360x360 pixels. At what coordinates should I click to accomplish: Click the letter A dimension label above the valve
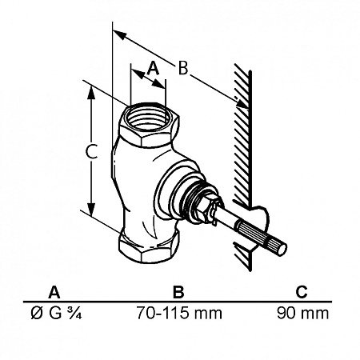[x=153, y=68]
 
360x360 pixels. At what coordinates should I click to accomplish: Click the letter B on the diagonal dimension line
[x=183, y=68]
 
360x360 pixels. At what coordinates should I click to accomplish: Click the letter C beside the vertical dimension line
[x=91, y=151]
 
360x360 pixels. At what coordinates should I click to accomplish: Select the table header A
[x=54, y=292]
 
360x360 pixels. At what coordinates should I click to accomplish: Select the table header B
[x=178, y=292]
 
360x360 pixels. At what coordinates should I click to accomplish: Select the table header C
[x=302, y=292]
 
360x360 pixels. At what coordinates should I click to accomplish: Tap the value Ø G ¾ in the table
[x=56, y=313]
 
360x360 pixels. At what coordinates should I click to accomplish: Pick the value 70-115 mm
[x=179, y=313]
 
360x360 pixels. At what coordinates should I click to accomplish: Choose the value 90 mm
[x=302, y=313]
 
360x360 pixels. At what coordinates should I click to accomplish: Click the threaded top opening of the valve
[x=149, y=118]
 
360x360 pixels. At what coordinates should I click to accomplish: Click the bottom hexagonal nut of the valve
[x=148, y=246]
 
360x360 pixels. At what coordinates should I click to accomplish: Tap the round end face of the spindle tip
[x=282, y=250]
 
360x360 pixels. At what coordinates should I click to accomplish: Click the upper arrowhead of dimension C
[x=91, y=93]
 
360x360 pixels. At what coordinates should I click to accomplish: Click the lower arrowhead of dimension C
[x=91, y=209]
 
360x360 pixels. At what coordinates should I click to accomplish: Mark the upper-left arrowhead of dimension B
[x=119, y=34]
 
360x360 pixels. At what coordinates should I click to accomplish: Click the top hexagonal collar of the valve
[x=149, y=125]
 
